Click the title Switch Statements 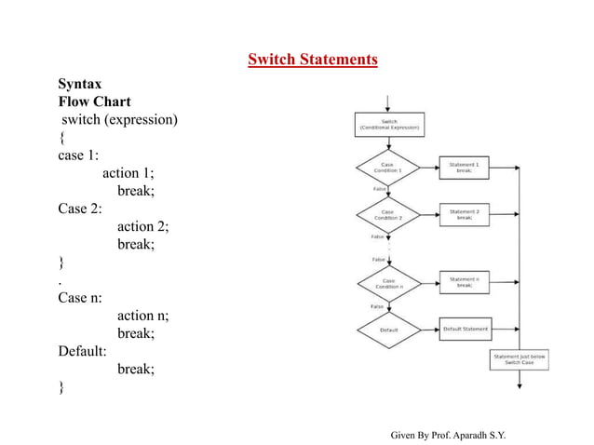[x=312, y=61]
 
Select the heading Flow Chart [x=94, y=101]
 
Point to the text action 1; [x=128, y=172]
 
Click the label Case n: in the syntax [x=80, y=298]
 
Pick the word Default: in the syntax [x=83, y=351]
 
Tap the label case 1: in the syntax [x=78, y=155]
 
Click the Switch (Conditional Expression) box [x=389, y=124]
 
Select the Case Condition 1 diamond [x=388, y=169]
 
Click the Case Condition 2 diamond [x=388, y=215]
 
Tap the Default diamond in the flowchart [x=388, y=330]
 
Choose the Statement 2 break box [x=464, y=214]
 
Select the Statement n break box [x=464, y=282]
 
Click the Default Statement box [x=465, y=329]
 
